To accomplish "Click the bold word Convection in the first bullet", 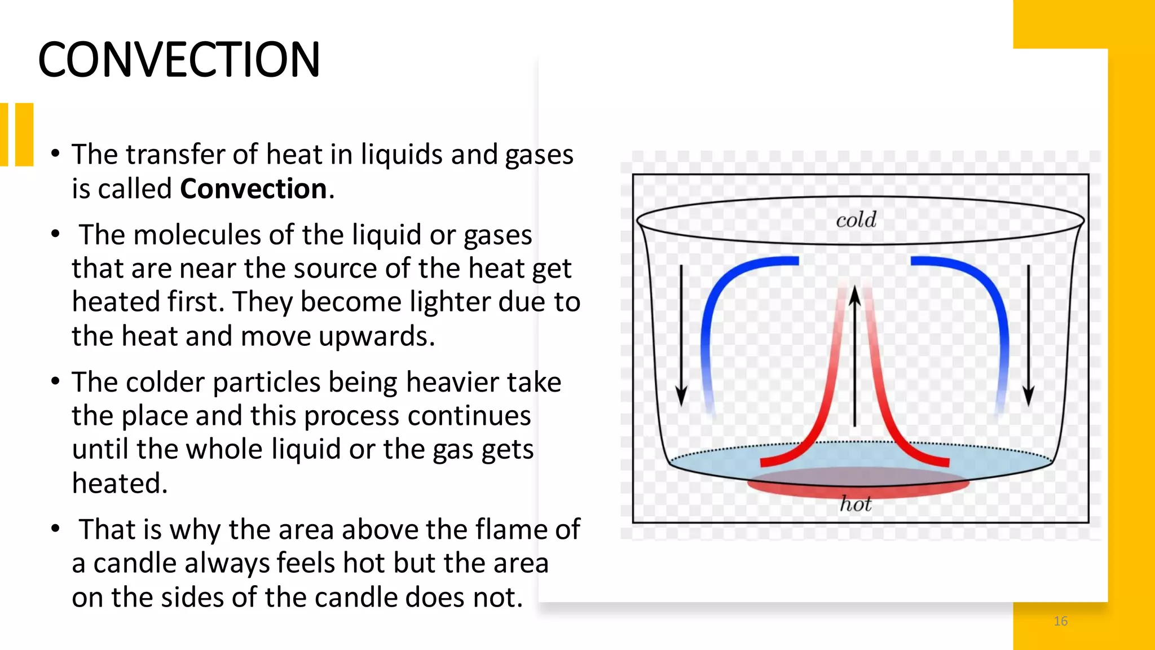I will [253, 189].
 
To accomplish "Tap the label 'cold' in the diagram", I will [856, 220].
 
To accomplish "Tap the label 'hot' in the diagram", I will [856, 503].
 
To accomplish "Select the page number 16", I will [1060, 621].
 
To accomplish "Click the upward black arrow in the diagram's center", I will [855, 355].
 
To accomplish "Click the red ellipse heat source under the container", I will [857, 485].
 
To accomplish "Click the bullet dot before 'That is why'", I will [55, 529].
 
